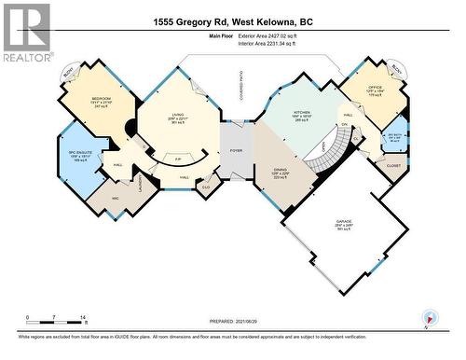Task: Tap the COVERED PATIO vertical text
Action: tap(238, 102)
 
